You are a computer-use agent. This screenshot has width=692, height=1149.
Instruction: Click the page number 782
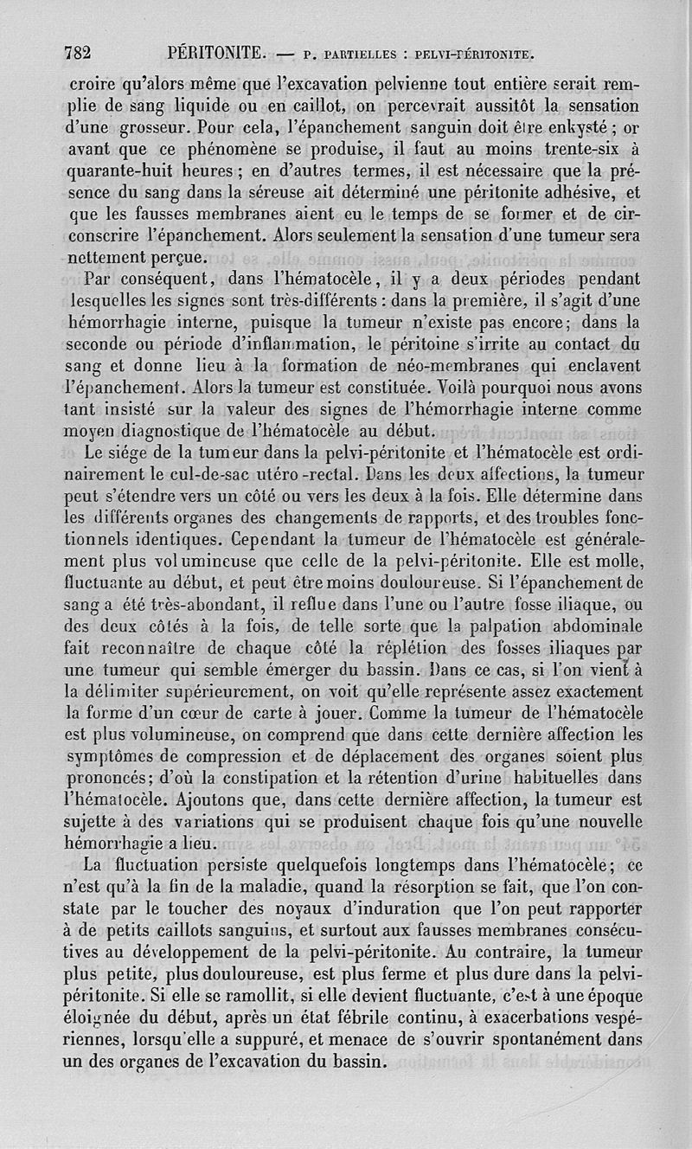(78, 53)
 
